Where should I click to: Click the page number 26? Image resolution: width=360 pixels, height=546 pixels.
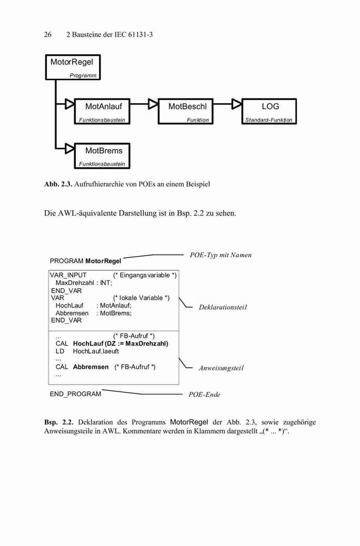pyautogui.click(x=48, y=34)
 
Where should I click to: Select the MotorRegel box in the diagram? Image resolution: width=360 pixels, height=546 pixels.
pyautogui.click(x=73, y=67)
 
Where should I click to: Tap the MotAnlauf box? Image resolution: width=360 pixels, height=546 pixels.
pyautogui.click(x=102, y=111)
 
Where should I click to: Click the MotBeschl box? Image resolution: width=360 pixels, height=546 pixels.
pyautogui.click(x=185, y=111)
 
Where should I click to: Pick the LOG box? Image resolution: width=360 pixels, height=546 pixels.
pyautogui.click(x=269, y=111)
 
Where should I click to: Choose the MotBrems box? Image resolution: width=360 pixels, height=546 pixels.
pyautogui.click(x=102, y=156)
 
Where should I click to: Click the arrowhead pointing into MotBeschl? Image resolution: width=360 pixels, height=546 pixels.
pyautogui.click(x=154, y=104)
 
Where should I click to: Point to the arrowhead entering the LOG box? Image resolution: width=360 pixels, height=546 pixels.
pyautogui.click(x=237, y=104)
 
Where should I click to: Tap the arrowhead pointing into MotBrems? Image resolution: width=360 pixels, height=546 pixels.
pyautogui.click(x=70, y=149)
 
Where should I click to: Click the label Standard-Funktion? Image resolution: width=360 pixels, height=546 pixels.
pyautogui.click(x=269, y=120)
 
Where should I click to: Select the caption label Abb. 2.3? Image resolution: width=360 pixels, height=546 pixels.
pyautogui.click(x=58, y=184)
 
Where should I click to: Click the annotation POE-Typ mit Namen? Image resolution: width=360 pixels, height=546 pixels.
pyautogui.click(x=221, y=255)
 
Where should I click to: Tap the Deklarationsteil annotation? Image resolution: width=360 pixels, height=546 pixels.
pyautogui.click(x=223, y=307)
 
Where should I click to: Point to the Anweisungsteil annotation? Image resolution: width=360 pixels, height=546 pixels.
pyautogui.click(x=221, y=368)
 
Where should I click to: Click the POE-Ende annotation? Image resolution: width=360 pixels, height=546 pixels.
pyautogui.click(x=204, y=395)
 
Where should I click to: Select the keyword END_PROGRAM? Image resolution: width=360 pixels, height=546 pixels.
pyautogui.click(x=75, y=394)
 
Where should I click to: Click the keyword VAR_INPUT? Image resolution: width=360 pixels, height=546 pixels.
pyautogui.click(x=68, y=275)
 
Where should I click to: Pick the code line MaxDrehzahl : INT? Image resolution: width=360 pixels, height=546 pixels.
pyautogui.click(x=84, y=283)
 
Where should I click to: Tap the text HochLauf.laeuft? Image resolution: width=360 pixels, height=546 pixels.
pyautogui.click(x=96, y=351)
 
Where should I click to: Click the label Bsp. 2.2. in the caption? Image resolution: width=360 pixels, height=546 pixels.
pyautogui.click(x=59, y=423)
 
